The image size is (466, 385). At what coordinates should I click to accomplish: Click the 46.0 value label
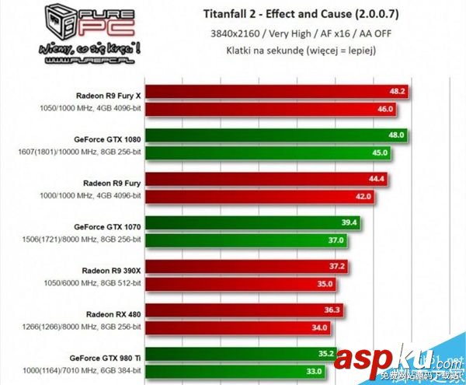(x=385, y=108)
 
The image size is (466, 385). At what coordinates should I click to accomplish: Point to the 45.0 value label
(x=380, y=152)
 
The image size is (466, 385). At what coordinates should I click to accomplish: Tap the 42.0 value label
(x=364, y=197)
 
